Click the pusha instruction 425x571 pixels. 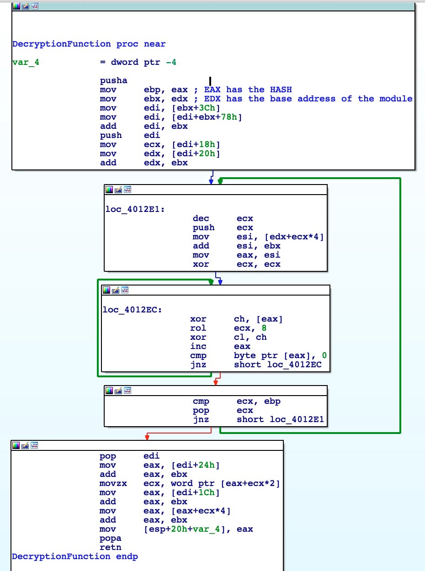pos(114,80)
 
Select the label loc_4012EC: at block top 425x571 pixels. pos(132,310)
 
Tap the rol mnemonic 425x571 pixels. pos(198,328)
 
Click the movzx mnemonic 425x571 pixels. pos(114,483)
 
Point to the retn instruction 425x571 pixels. pos(111,547)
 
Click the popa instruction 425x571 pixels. pos(111,538)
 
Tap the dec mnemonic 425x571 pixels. pos(201,218)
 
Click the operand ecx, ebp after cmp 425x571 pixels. pos(259,401)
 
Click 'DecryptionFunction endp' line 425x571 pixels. pos(75,556)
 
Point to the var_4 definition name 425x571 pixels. pos(26,62)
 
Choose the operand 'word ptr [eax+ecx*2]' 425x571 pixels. pos(225,483)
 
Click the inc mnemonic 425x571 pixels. pos(198,346)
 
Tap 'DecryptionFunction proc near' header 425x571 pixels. pos(89,44)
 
